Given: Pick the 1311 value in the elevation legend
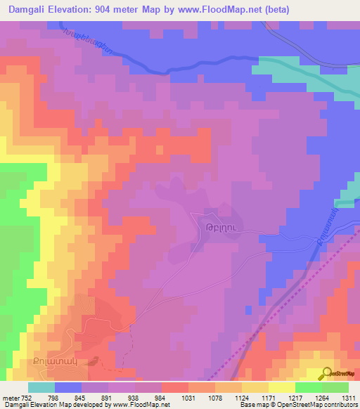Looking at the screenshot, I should [348, 397].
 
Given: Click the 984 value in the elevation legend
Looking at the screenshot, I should [162, 397].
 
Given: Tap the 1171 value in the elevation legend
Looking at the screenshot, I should [269, 397].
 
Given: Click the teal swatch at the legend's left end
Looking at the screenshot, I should [41, 387].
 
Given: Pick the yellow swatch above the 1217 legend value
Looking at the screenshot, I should [282, 387].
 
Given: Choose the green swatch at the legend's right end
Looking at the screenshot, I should [335, 387].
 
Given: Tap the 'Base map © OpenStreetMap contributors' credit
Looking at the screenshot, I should [298, 405].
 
